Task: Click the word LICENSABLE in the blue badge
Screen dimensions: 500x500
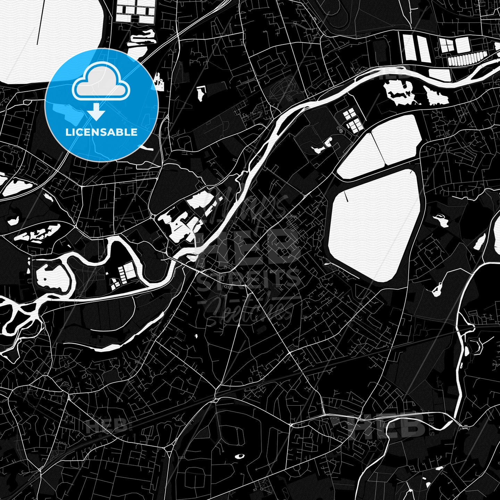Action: coord(101,132)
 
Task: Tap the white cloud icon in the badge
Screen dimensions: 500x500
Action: coord(101,84)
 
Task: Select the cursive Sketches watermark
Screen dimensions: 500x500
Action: coord(248,309)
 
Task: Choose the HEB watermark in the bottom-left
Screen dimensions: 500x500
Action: coord(106,426)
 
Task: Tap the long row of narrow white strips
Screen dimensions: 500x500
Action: coord(467,60)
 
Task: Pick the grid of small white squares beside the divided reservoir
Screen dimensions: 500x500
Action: coord(352,120)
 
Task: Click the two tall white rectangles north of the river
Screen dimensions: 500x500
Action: coord(417,49)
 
